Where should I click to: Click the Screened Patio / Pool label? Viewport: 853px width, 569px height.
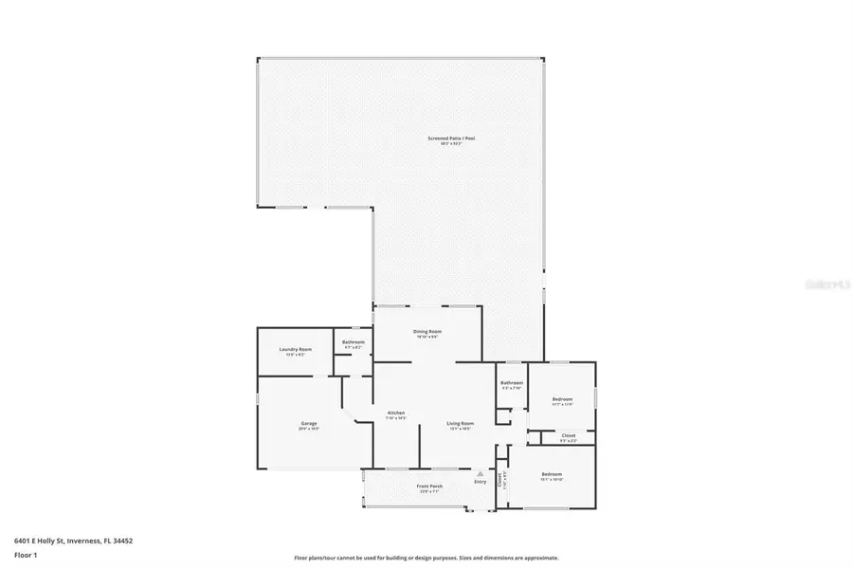click(450, 138)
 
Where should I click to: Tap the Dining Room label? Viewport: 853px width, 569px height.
click(427, 332)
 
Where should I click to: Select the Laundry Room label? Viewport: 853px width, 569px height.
click(295, 350)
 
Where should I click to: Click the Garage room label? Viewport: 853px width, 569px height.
click(309, 423)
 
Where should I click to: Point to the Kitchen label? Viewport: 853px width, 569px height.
click(396, 413)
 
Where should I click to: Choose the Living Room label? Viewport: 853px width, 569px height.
click(461, 423)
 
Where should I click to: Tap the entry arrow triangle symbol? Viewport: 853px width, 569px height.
click(481, 472)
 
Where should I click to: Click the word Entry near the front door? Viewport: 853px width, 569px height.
click(481, 481)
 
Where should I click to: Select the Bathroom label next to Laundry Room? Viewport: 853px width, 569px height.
click(354, 341)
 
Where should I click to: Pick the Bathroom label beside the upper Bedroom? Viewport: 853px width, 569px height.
click(512, 383)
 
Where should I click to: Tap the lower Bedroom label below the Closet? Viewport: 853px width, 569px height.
click(552, 474)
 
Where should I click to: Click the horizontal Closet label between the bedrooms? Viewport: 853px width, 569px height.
click(568, 436)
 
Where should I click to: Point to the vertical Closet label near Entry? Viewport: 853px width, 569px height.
click(500, 479)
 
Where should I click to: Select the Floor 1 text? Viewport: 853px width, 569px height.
click(26, 554)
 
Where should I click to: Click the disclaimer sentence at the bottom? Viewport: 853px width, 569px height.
click(426, 559)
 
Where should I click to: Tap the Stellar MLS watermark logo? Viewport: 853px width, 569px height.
click(822, 283)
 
